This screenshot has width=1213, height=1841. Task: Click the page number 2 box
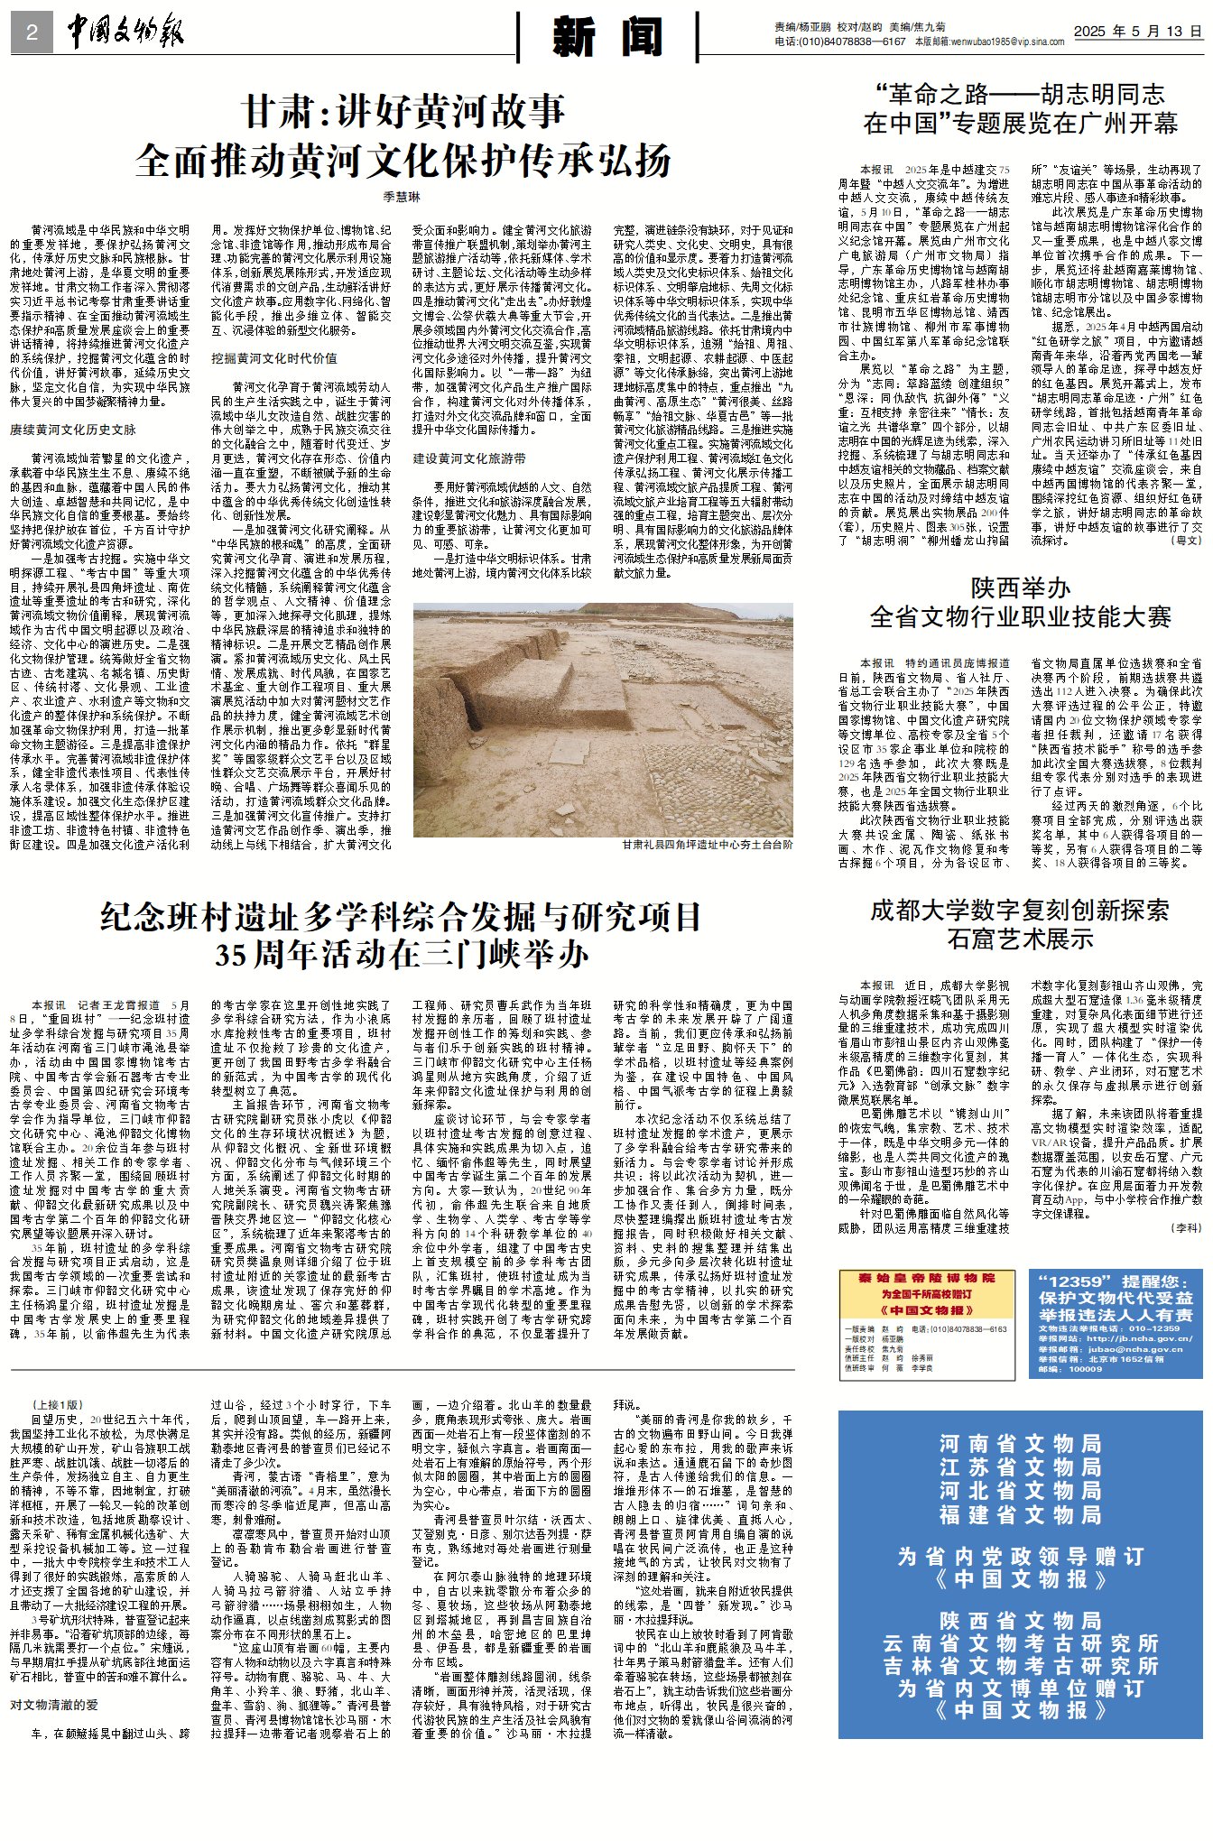click(x=32, y=33)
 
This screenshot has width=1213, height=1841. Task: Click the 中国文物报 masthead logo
click(x=125, y=33)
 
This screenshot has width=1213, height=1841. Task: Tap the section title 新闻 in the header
click(x=607, y=37)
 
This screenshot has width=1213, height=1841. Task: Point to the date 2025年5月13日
click(x=1137, y=32)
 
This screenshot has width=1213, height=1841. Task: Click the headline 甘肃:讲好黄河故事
click(x=404, y=112)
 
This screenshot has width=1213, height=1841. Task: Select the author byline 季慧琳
click(x=402, y=197)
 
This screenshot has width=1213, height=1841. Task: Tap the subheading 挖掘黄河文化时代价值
click(x=274, y=358)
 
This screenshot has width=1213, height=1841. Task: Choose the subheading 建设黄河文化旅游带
click(x=469, y=458)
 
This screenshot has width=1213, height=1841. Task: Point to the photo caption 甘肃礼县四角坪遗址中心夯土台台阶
click(x=707, y=845)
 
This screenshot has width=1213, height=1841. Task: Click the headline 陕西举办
click(x=1020, y=588)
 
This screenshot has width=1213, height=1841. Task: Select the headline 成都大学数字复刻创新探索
click(x=1019, y=910)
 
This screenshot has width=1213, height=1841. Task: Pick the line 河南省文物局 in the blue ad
click(x=1020, y=1443)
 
